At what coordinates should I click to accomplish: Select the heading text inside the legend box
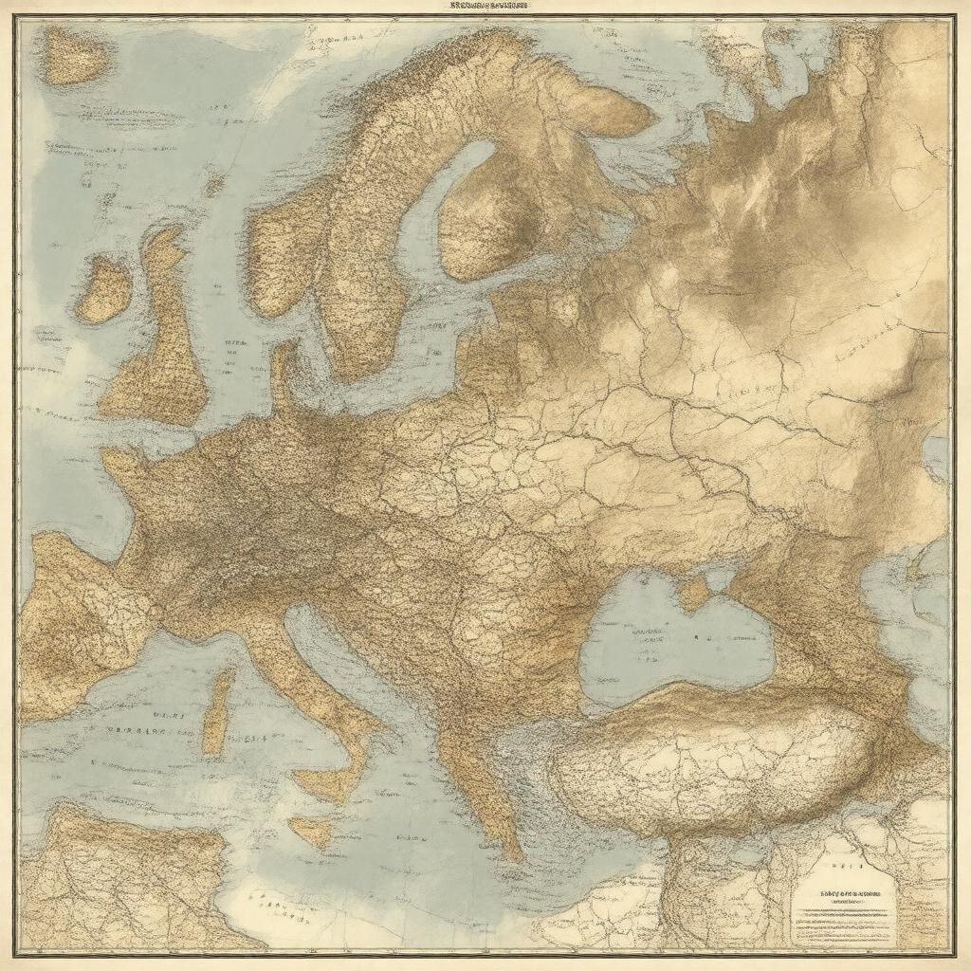(x=839, y=894)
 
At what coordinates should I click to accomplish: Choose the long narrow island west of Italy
(x=219, y=711)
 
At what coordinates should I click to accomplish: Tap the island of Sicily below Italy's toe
(x=314, y=830)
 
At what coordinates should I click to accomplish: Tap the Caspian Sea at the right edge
(x=925, y=607)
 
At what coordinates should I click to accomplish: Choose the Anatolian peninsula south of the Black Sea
(x=721, y=759)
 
